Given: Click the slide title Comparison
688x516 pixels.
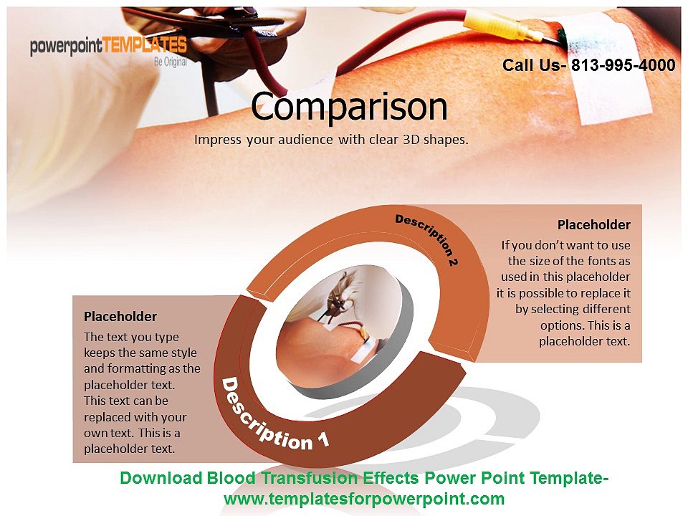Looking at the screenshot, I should (349, 107).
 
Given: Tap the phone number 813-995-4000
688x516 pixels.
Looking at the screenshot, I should (623, 65).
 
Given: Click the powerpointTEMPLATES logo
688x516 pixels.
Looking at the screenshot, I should (108, 47).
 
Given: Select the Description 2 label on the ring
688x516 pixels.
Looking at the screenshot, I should (427, 239).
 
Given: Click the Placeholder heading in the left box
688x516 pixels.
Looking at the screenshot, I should (120, 316).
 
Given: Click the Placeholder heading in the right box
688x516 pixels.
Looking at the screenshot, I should (594, 225).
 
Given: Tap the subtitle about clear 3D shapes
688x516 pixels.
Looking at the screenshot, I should (331, 139).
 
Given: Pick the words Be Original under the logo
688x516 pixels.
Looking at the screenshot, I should (171, 62).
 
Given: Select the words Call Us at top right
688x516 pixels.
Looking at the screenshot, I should (531, 65).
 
